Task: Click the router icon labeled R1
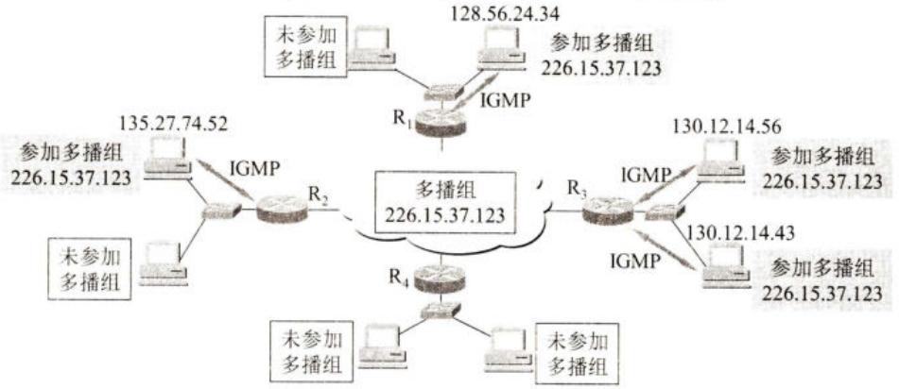(x=441, y=123)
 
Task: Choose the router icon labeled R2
(x=282, y=209)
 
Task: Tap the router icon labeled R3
(x=608, y=211)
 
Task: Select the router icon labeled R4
(x=441, y=279)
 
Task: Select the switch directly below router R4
(x=440, y=311)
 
